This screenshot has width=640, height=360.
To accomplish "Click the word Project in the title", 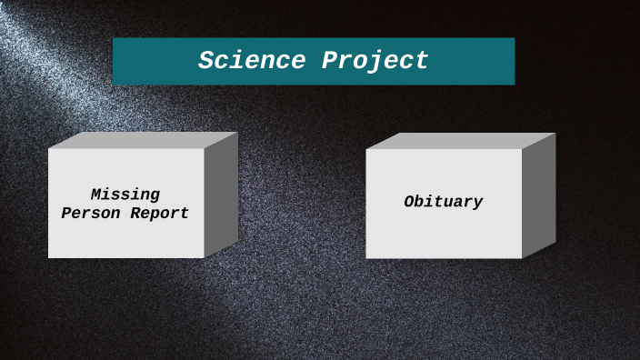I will point(375,61).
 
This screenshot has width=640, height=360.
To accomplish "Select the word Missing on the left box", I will point(125,195).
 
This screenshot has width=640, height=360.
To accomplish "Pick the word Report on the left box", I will point(159,214).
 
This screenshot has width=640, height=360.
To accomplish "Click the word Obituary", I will point(444,202).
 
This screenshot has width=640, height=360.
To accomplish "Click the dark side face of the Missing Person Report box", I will point(221,195).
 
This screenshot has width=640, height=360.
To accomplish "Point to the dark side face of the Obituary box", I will point(538,195).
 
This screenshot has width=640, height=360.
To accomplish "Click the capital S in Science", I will point(205,61).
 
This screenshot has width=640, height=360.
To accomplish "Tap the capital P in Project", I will point(328,61).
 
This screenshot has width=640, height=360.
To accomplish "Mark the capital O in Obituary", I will point(409,202).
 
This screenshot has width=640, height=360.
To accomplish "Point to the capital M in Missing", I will point(96,195).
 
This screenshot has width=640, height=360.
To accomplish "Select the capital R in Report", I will point(135,214).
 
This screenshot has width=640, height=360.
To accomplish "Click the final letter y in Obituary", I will point(477,203).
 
